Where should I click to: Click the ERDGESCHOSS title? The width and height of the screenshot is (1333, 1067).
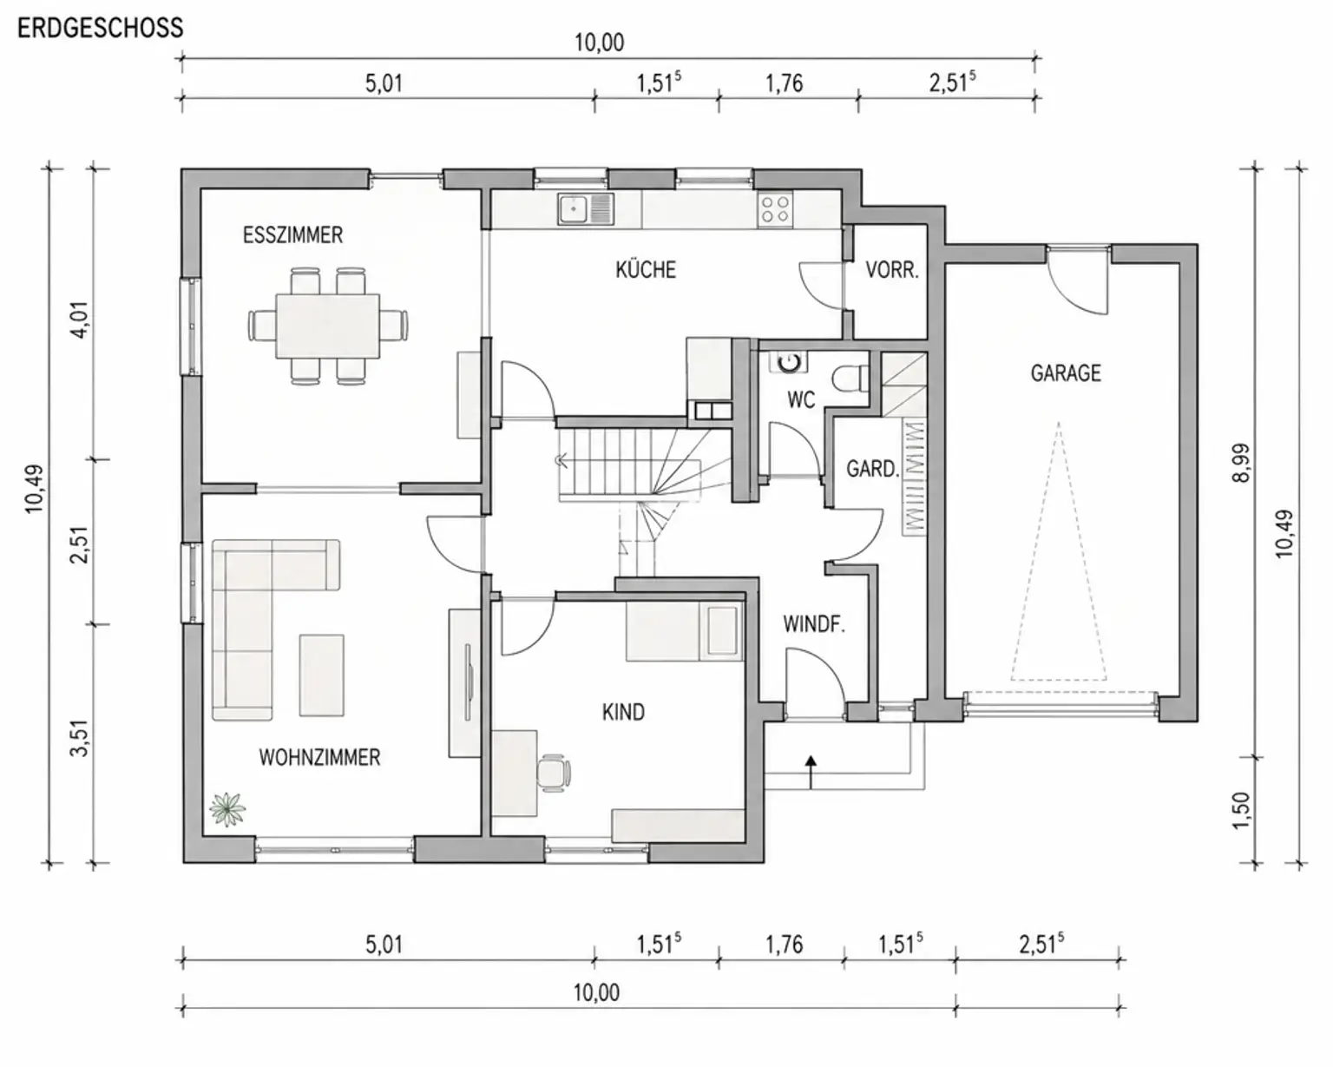101,29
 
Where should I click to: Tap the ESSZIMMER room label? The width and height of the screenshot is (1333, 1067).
292,235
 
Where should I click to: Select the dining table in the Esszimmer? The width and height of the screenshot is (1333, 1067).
328,326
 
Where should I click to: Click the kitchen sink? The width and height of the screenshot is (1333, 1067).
586,209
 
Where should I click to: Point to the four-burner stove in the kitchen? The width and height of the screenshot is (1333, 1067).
775,209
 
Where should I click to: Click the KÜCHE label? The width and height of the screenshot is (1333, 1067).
646,270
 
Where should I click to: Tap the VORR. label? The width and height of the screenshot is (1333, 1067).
892,270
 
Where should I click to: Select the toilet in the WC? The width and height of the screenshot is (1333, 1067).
850,379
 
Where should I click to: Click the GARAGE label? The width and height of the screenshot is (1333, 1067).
1066,373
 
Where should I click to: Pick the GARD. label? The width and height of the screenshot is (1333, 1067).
872,469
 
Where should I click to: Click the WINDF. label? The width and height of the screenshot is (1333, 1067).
814,624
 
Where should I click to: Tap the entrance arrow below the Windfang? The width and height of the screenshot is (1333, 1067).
811,772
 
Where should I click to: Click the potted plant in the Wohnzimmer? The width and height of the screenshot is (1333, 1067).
227,809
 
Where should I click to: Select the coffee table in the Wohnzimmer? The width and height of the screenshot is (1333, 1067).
321,675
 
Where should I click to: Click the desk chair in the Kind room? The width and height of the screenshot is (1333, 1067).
553,774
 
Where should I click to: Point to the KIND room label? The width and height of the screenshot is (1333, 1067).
623,713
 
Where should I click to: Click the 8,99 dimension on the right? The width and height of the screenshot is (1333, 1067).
1242,463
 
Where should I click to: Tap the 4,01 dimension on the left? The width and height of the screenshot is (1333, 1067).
81,319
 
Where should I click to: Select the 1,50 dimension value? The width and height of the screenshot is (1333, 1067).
1242,810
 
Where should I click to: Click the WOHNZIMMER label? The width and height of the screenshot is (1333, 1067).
319,758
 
